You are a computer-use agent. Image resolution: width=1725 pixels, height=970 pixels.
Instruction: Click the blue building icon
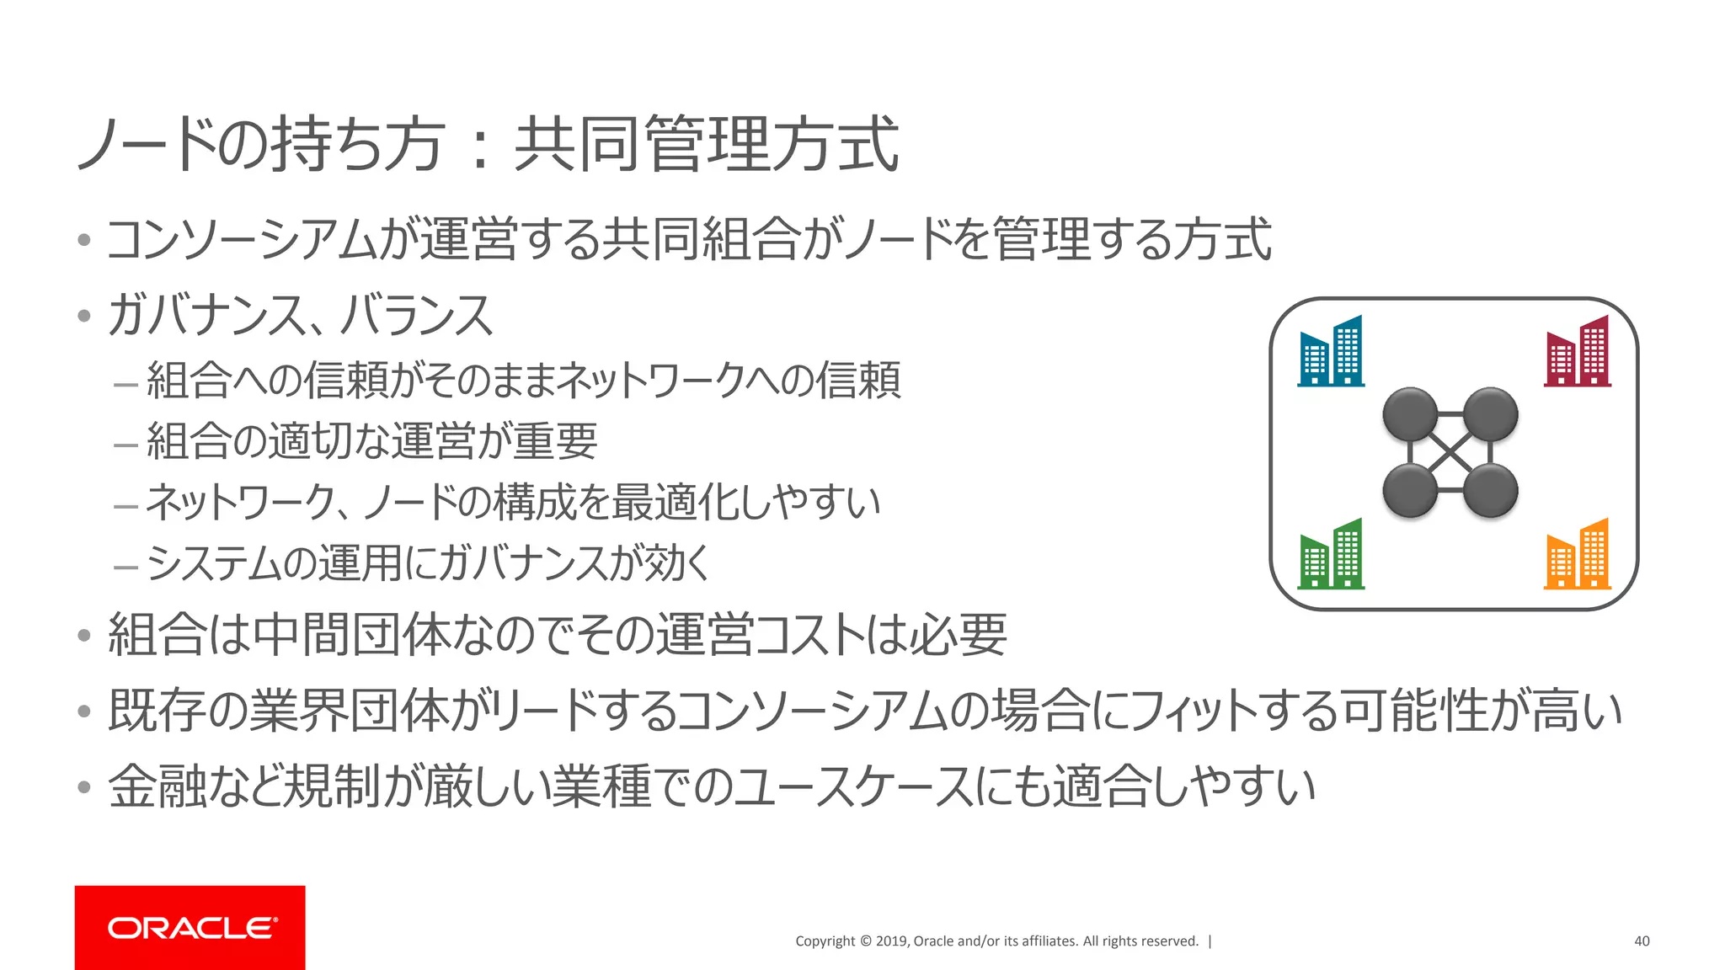[1331, 351]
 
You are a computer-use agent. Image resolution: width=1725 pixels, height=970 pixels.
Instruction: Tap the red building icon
[1578, 351]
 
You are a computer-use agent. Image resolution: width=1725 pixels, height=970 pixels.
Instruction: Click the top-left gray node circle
[1410, 414]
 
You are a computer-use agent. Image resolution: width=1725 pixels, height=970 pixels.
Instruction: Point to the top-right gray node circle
[1490, 414]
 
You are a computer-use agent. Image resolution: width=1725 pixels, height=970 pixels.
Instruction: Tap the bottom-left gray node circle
[1410, 491]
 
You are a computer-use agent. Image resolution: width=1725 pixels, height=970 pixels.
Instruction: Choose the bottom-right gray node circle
[1490, 491]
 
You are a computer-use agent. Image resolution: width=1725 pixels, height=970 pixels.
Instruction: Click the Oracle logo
[190, 928]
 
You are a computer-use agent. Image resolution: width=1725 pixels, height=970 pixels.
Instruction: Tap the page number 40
[1642, 941]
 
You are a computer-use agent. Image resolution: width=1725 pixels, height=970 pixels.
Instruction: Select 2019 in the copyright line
[891, 941]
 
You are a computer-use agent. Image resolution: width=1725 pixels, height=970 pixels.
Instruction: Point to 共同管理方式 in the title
[707, 144]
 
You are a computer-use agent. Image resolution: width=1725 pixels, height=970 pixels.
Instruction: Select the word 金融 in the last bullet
[158, 786]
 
